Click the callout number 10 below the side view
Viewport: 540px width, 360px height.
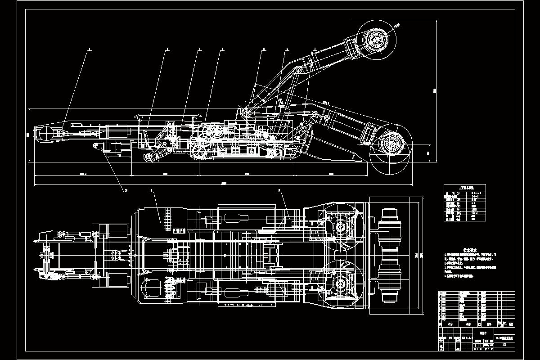pyautogui.click(x=126, y=190)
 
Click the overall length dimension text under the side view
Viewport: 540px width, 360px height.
pyautogui.click(x=224, y=182)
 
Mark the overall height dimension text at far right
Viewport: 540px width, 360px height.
pyautogui.click(x=435, y=90)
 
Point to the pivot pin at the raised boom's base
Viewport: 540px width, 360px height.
pyautogui.click(x=246, y=112)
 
